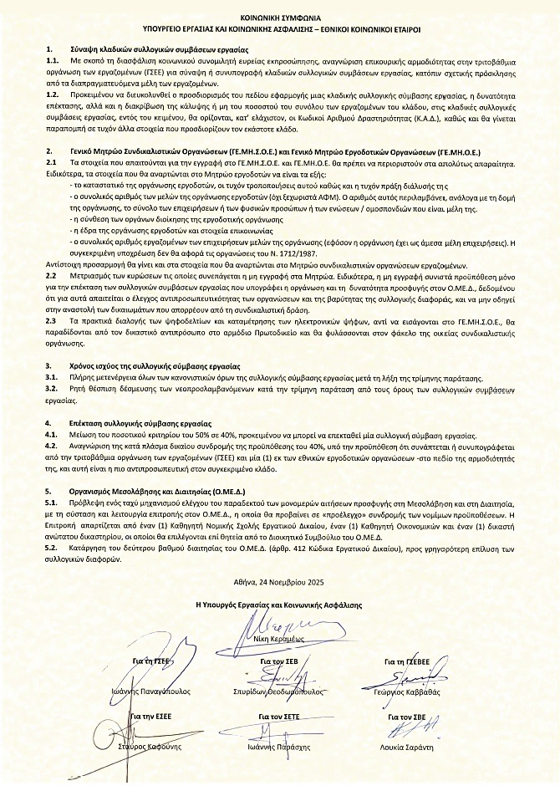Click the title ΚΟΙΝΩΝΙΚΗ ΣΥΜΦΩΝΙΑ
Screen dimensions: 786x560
[x=279, y=16]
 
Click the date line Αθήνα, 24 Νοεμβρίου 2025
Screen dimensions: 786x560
[x=280, y=579]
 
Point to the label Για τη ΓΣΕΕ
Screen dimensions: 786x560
[x=151, y=661]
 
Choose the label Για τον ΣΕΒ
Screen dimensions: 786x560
[x=279, y=661]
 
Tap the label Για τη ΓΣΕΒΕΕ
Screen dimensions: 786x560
[x=407, y=661]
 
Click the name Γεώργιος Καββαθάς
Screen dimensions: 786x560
[x=407, y=692]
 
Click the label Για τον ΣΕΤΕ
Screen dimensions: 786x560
[x=279, y=717]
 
